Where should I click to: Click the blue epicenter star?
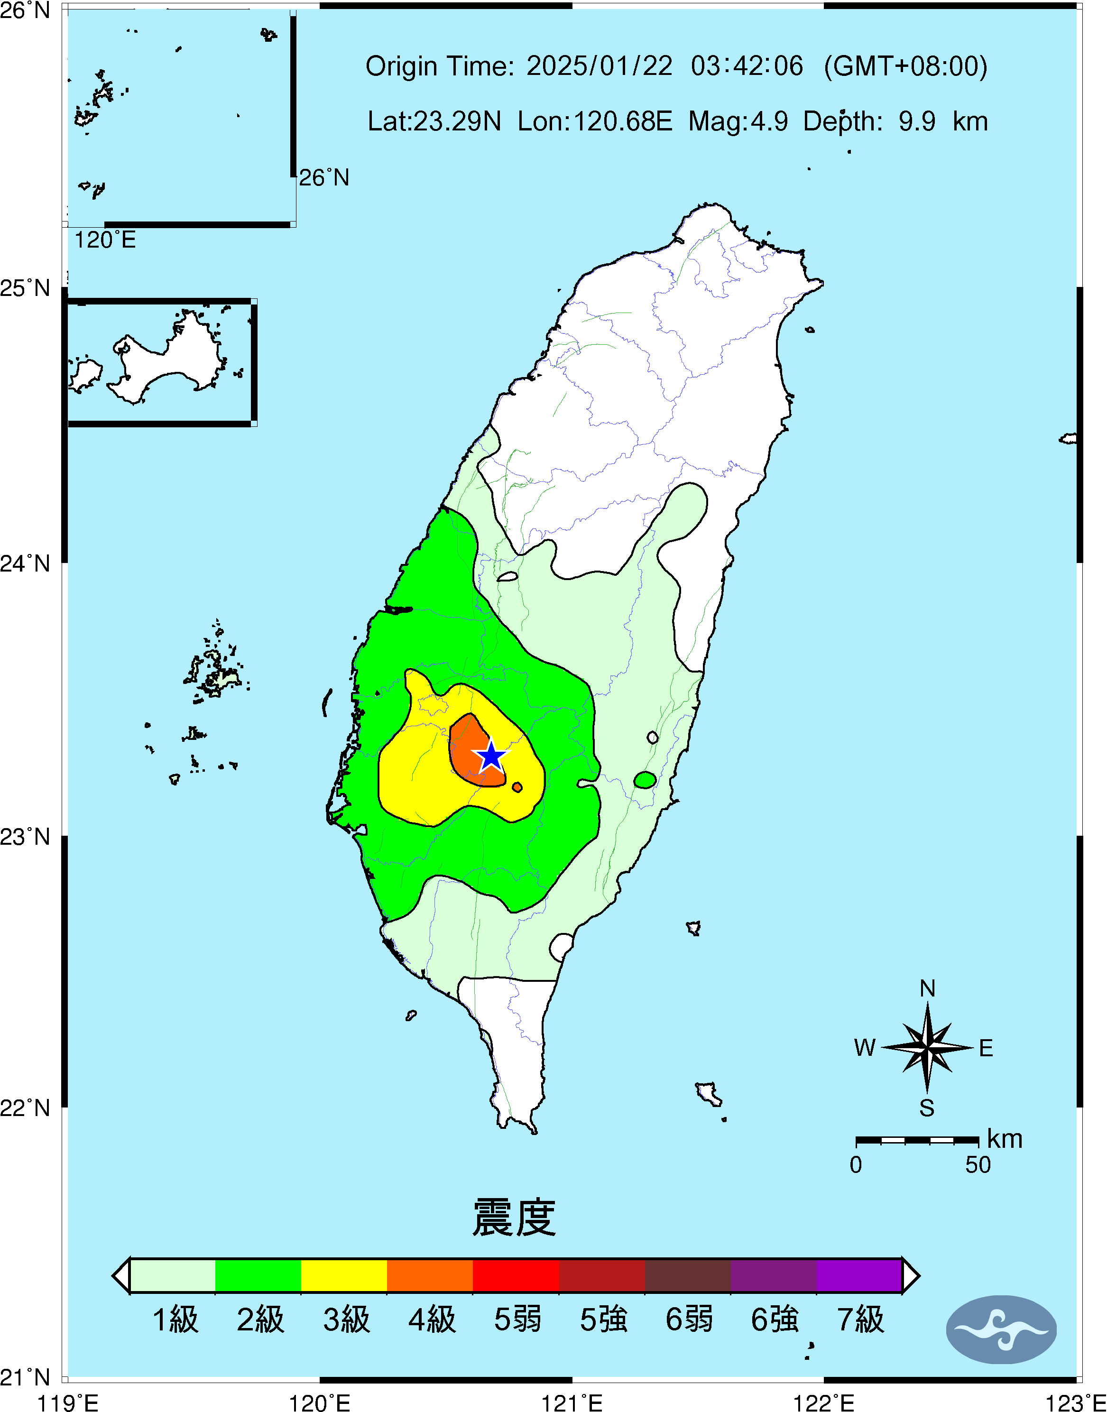pyautogui.click(x=491, y=756)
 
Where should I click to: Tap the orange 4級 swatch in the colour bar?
pyautogui.click(x=430, y=1275)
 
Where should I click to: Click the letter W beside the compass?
pyautogui.click(x=865, y=1048)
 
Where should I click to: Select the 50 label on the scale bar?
pyautogui.click(x=978, y=1165)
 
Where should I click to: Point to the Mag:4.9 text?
pyautogui.click(x=738, y=121)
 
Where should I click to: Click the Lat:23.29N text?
pyautogui.click(x=434, y=121)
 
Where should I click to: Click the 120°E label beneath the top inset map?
pyautogui.click(x=105, y=240)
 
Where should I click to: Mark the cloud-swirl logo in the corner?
pyautogui.click(x=1001, y=1329)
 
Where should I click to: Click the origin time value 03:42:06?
pyautogui.click(x=747, y=66)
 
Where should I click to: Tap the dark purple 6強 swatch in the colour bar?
pyautogui.click(x=773, y=1275)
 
